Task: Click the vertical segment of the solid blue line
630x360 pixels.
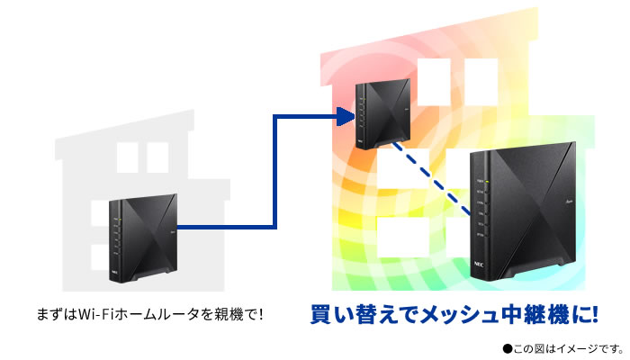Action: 274,171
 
